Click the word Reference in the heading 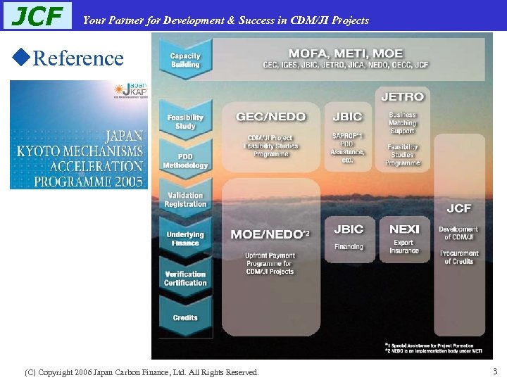[x=78, y=58]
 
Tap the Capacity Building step [x=185, y=61]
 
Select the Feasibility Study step [x=185, y=122]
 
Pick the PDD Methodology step [x=185, y=161]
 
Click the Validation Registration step [x=185, y=200]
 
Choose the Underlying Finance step [x=185, y=239]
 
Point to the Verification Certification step [x=185, y=279]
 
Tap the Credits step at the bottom [x=185, y=317]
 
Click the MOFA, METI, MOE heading [x=345, y=53]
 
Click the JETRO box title [x=402, y=96]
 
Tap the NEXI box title [x=404, y=229]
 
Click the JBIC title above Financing [x=349, y=229]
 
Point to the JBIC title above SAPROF [x=348, y=117]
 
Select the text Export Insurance [x=404, y=246]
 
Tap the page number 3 [x=495, y=371]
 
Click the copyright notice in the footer [x=142, y=372]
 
